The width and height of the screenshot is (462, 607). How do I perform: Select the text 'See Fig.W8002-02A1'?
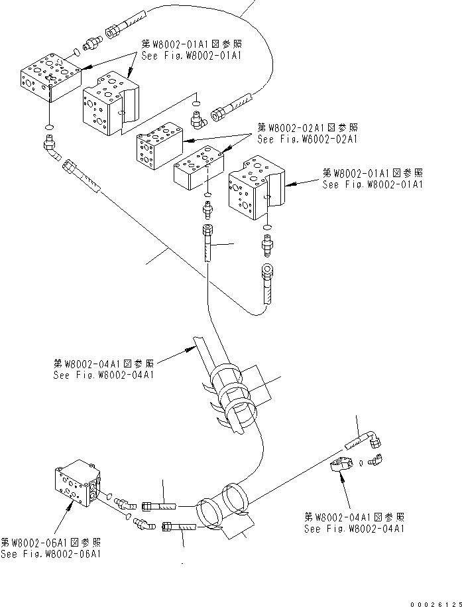coord(308,139)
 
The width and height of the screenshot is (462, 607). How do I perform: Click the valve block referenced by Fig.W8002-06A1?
coord(76,484)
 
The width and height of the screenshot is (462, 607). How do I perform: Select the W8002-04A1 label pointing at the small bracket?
coord(354,523)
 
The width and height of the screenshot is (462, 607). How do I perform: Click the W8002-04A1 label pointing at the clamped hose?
coord(104,370)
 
